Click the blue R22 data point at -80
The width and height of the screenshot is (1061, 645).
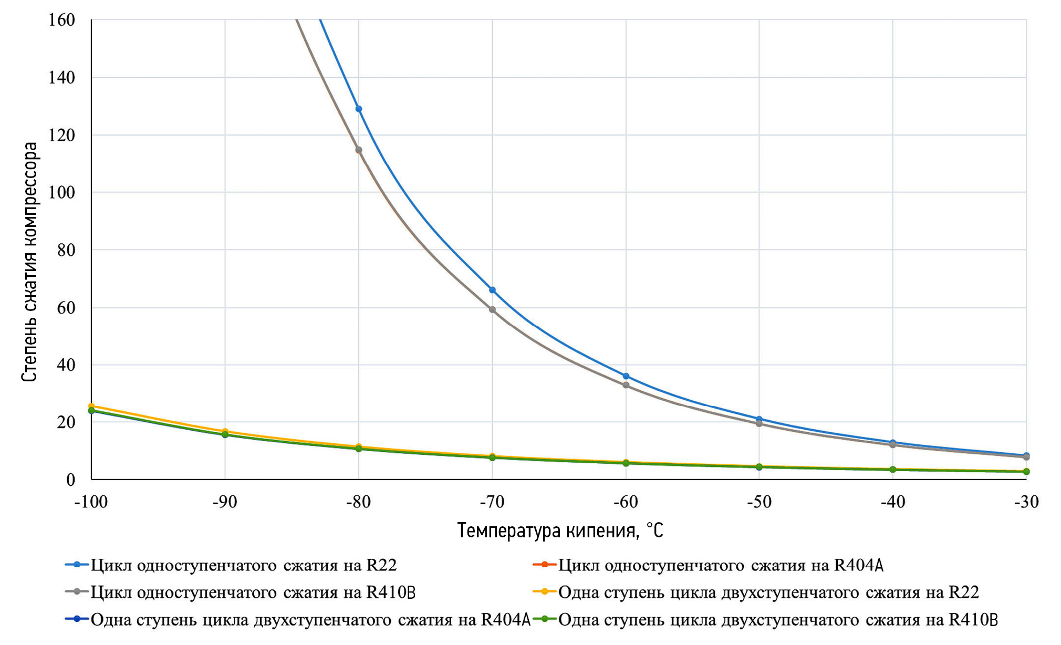click(x=359, y=109)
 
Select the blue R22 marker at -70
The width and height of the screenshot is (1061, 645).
click(x=492, y=290)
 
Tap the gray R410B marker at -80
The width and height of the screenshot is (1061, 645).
click(x=359, y=150)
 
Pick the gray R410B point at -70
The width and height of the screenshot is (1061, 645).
click(x=492, y=309)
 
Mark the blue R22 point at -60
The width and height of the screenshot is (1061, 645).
click(x=626, y=376)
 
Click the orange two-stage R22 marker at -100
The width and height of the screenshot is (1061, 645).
click(x=91, y=406)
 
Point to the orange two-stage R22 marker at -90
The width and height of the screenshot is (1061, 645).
click(x=225, y=431)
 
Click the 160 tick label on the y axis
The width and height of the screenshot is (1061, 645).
click(x=62, y=20)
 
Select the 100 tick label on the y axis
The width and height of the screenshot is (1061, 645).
click(x=62, y=192)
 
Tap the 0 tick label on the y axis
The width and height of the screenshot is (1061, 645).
click(x=70, y=480)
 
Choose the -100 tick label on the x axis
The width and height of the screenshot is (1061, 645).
click(x=91, y=502)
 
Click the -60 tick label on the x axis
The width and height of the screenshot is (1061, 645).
click(x=626, y=502)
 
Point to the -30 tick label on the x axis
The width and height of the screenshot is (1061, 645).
click(x=1026, y=502)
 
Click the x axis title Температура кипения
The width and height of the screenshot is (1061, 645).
click(x=560, y=530)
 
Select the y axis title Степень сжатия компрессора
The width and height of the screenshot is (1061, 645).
click(x=30, y=262)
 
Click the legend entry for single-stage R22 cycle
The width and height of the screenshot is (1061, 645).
click(x=243, y=565)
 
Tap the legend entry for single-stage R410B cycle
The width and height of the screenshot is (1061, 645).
click(x=253, y=592)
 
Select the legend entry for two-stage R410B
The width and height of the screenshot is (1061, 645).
click(x=778, y=620)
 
